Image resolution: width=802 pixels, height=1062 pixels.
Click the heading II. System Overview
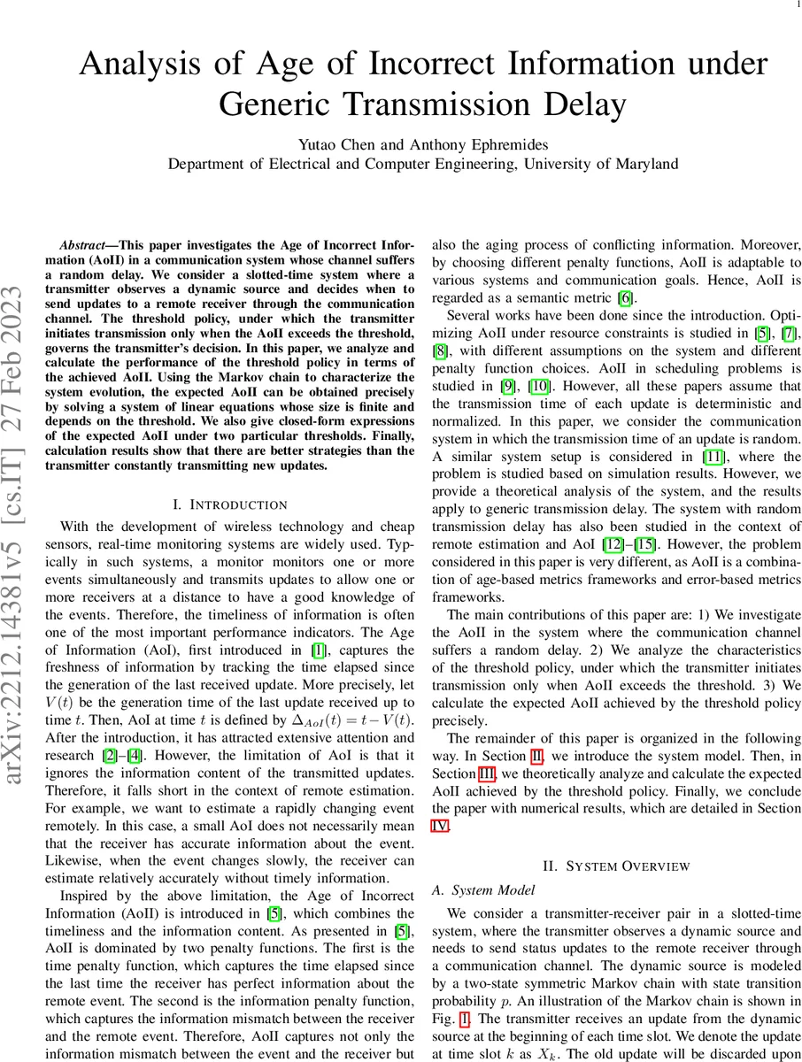615,865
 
